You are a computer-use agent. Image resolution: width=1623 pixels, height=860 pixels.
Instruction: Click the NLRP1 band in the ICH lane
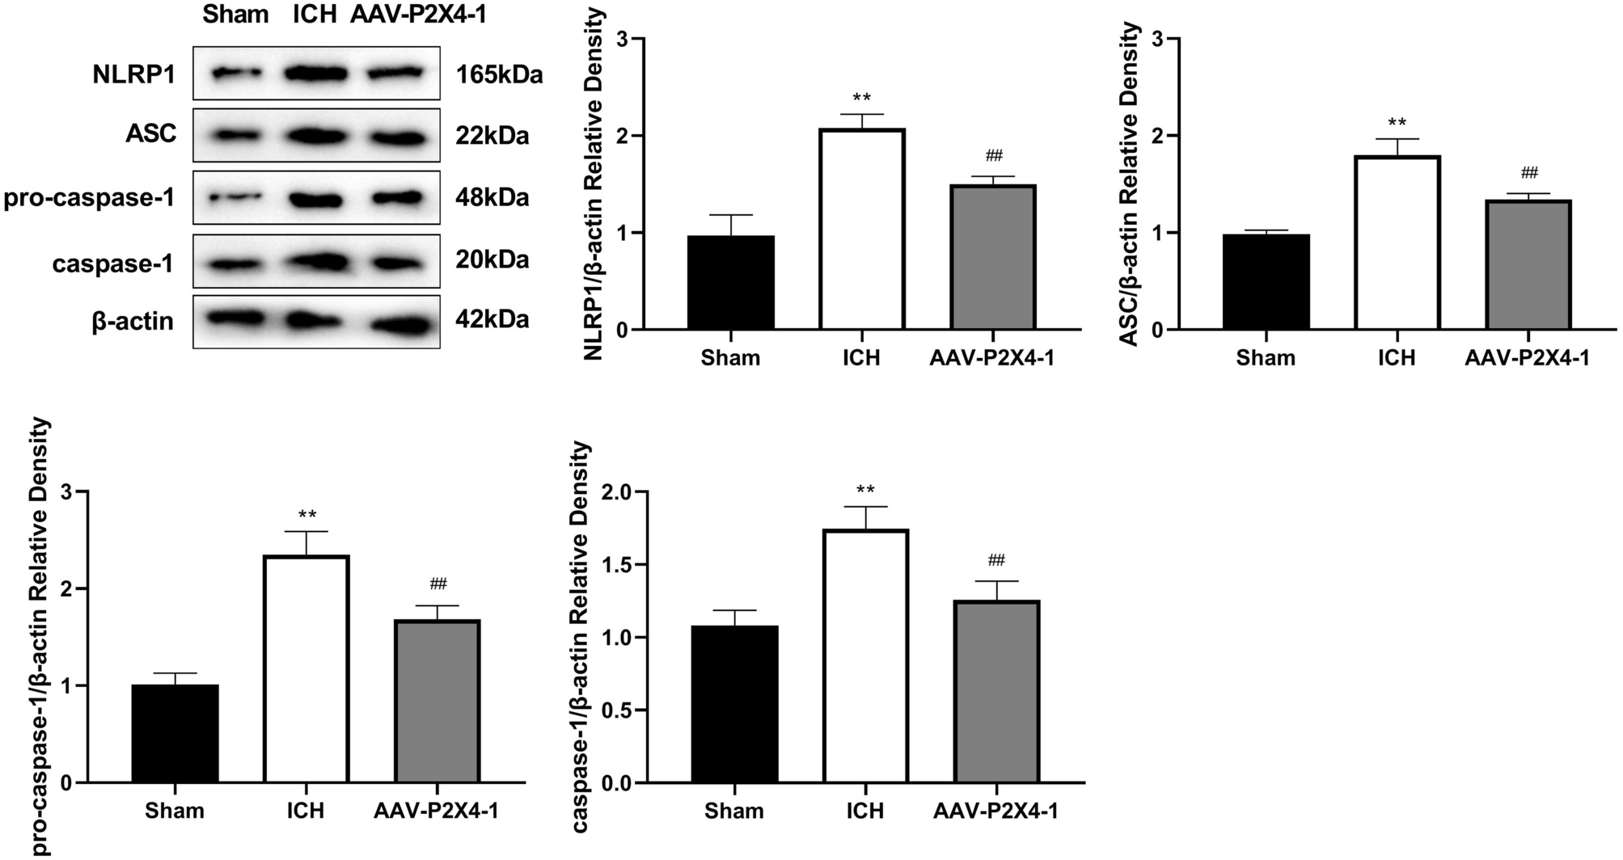coord(315,74)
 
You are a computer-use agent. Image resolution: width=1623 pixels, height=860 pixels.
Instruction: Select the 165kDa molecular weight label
coord(498,75)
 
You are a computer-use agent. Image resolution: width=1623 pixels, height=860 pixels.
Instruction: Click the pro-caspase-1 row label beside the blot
coord(89,197)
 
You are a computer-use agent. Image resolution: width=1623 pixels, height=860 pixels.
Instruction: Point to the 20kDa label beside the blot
coord(492,259)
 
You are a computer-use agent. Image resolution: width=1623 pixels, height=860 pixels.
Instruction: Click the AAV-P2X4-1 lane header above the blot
coord(418,14)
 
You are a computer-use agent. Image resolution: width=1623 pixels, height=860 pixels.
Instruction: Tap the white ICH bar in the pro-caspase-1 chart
coord(306,668)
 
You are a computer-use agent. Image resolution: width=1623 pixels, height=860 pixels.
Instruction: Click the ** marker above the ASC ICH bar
coord(1397,124)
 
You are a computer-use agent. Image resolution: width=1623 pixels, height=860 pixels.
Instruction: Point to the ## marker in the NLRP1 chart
coord(995,156)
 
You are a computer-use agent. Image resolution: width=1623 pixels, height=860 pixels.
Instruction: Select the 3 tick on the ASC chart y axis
coord(1159,39)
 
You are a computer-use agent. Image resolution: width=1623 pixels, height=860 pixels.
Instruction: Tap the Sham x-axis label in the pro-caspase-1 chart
coord(175,811)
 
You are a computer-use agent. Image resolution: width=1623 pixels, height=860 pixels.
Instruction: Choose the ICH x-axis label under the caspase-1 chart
coord(864,811)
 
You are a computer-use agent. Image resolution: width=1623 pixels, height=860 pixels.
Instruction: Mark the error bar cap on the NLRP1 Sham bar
coord(731,215)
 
